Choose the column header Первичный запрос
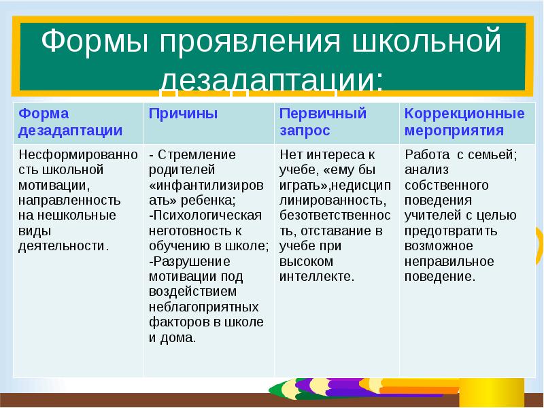click(x=323, y=122)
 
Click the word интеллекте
click(x=317, y=276)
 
